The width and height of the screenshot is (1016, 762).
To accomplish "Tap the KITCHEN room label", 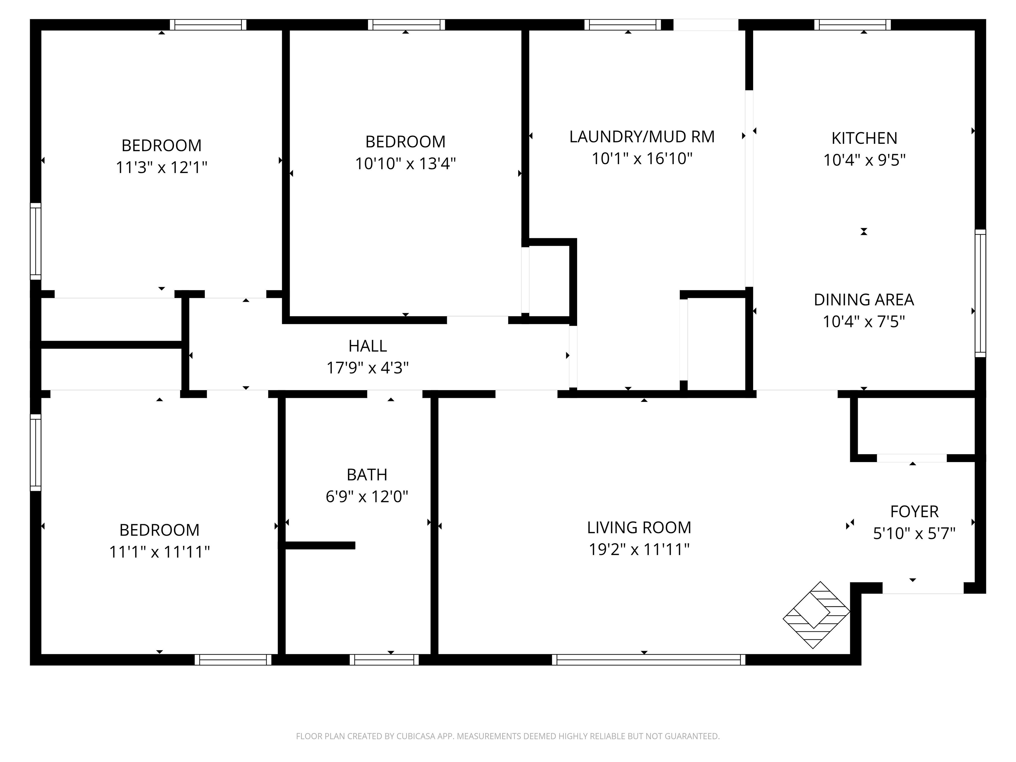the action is (864, 138).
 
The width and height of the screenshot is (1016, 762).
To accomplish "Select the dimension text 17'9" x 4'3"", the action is (367, 368).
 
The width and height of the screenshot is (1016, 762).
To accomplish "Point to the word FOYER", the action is (914, 511).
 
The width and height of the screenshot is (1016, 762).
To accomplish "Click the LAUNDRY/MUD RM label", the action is (642, 136).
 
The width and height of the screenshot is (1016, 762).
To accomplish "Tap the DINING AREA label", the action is (864, 299).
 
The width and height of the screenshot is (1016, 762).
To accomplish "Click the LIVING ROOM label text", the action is (639, 527).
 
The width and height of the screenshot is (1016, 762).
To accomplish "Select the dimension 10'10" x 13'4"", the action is (405, 163).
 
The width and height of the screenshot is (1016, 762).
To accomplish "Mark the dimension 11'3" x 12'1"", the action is (161, 167).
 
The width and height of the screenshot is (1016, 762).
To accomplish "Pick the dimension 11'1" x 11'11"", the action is (159, 552).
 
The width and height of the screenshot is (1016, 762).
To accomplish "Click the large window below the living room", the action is (649, 659).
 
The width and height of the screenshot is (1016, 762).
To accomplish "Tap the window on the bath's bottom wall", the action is (384, 659).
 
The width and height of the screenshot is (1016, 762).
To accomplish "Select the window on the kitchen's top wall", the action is (853, 25).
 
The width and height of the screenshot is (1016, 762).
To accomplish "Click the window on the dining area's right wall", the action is (980, 293).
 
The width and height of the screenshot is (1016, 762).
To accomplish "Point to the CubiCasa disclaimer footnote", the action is (508, 736).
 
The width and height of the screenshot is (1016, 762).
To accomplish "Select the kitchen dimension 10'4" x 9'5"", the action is (864, 160).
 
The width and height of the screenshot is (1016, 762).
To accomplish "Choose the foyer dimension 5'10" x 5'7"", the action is (914, 533).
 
